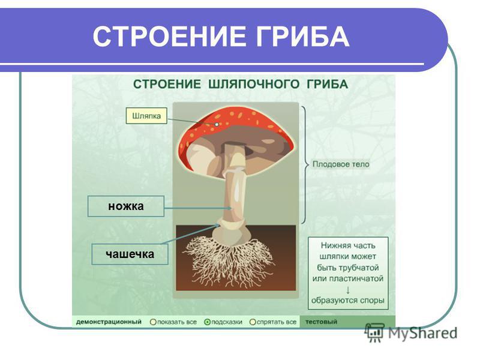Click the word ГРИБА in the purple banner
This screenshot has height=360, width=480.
pos(302,37)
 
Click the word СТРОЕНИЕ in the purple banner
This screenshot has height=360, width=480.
pos(169,37)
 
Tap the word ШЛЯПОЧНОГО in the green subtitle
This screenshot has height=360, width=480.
pos(253,84)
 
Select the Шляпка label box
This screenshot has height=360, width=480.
pos(146,116)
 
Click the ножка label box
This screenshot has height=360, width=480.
pos(126,206)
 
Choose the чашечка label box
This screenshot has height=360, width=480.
pos(130,254)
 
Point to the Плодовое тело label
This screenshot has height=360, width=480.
pos(341,164)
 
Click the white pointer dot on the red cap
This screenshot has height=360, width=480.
pos(217,124)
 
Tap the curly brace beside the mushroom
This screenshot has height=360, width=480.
pos(305,164)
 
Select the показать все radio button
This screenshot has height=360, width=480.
pos(153,322)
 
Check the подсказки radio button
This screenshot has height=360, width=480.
pos(207,322)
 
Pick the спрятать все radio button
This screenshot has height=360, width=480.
pos(253,322)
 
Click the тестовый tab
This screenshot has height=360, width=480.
pos(321,322)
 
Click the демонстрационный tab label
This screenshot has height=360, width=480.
pos(109,322)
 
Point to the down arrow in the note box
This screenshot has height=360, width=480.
pos(348,290)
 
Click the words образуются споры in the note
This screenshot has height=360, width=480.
pos(348,301)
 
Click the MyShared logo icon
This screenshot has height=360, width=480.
pos(374,332)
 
